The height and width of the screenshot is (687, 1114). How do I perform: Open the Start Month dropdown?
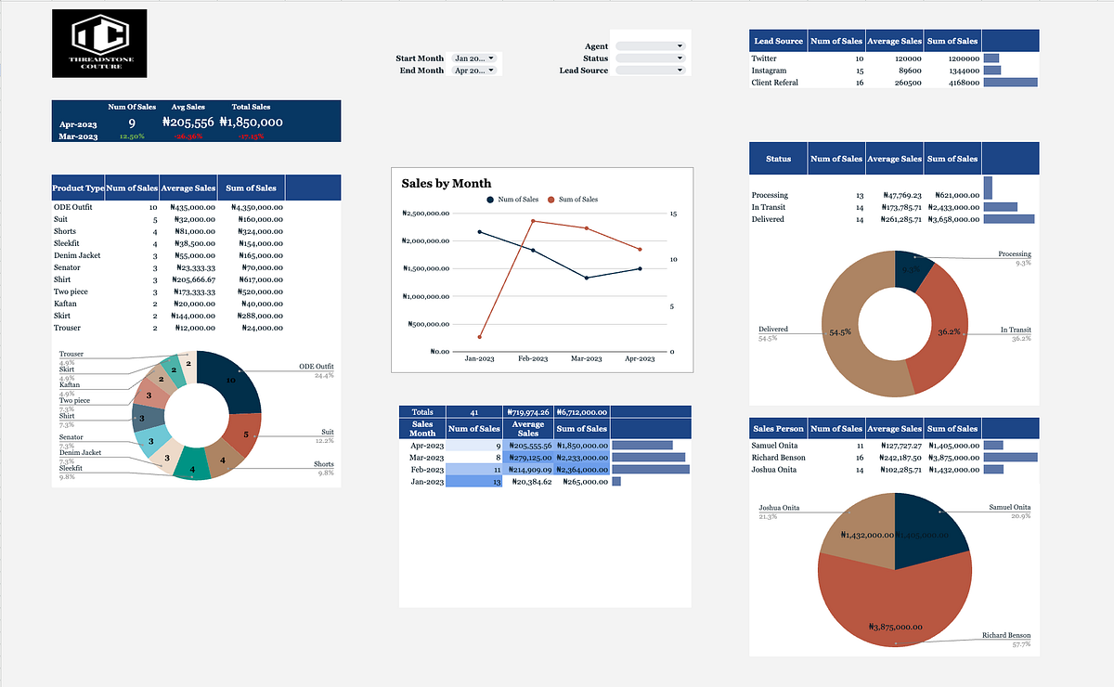pos(474,58)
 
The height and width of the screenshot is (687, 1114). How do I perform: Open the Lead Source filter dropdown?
pos(650,71)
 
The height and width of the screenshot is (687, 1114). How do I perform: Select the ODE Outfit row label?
pos(73,207)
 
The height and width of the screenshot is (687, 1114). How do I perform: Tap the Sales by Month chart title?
pos(447,183)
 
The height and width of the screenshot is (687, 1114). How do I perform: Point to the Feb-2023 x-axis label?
pos(533,359)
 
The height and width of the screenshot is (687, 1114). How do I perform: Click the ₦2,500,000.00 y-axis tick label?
pos(427,214)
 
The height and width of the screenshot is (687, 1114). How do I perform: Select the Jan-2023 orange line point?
pos(480,337)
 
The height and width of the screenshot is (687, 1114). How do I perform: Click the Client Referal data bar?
pos(1010,83)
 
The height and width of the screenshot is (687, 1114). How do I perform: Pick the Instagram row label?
pos(769,71)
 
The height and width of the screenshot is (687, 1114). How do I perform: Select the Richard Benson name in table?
pos(779,458)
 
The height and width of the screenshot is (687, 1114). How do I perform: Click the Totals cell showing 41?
pos(474,411)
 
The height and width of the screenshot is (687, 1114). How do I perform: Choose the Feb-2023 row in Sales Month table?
pos(422,470)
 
